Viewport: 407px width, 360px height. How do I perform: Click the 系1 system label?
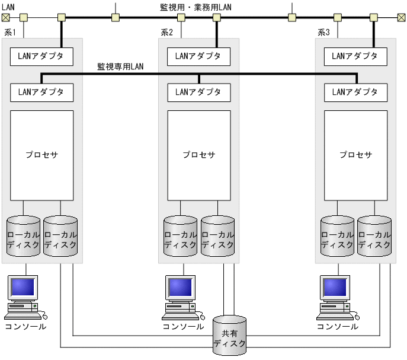(x=9, y=32)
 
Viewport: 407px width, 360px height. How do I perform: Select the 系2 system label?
(x=166, y=32)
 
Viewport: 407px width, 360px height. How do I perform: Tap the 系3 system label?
(x=323, y=32)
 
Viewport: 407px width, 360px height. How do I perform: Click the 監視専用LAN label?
(x=120, y=67)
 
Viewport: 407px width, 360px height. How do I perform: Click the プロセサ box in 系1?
(x=41, y=155)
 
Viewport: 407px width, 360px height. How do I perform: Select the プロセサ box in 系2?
(x=198, y=155)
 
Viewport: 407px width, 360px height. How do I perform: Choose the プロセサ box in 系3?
(x=355, y=155)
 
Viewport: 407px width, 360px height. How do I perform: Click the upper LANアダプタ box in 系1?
(x=41, y=56)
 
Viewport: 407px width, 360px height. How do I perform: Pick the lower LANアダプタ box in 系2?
(x=198, y=92)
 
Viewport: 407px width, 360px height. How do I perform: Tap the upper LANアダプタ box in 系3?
(x=355, y=56)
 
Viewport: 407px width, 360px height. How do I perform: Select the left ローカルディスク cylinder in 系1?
(x=24, y=237)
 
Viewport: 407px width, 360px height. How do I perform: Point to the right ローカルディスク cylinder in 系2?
(x=217, y=237)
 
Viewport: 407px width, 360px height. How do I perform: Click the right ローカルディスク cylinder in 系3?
(x=374, y=237)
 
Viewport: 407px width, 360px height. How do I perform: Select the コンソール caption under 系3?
(x=337, y=326)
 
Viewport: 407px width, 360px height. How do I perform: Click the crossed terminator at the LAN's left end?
(x=5, y=17)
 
